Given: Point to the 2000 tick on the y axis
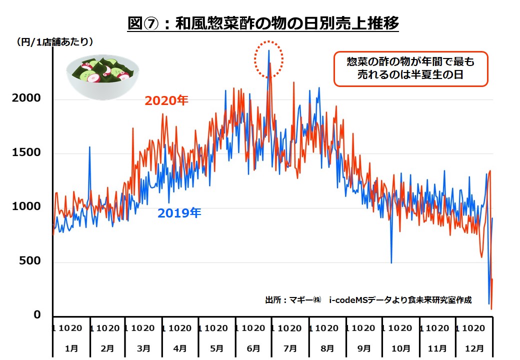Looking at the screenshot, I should point(26,98).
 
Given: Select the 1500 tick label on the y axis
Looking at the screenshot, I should point(26,152).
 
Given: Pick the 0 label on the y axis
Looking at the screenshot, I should point(37,315).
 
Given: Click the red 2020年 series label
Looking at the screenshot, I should point(166,101).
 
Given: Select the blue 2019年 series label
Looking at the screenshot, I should point(179,213).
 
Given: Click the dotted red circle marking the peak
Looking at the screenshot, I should point(268,59).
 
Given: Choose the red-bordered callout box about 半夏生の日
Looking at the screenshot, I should point(409,69).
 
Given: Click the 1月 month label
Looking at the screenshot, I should point(71,348).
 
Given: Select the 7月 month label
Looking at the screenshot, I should point(290,348).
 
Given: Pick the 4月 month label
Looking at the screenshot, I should point(180,348).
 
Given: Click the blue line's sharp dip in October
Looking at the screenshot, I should point(391,262).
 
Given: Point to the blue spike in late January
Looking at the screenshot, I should point(89,147).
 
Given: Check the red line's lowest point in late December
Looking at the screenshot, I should point(491,308).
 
